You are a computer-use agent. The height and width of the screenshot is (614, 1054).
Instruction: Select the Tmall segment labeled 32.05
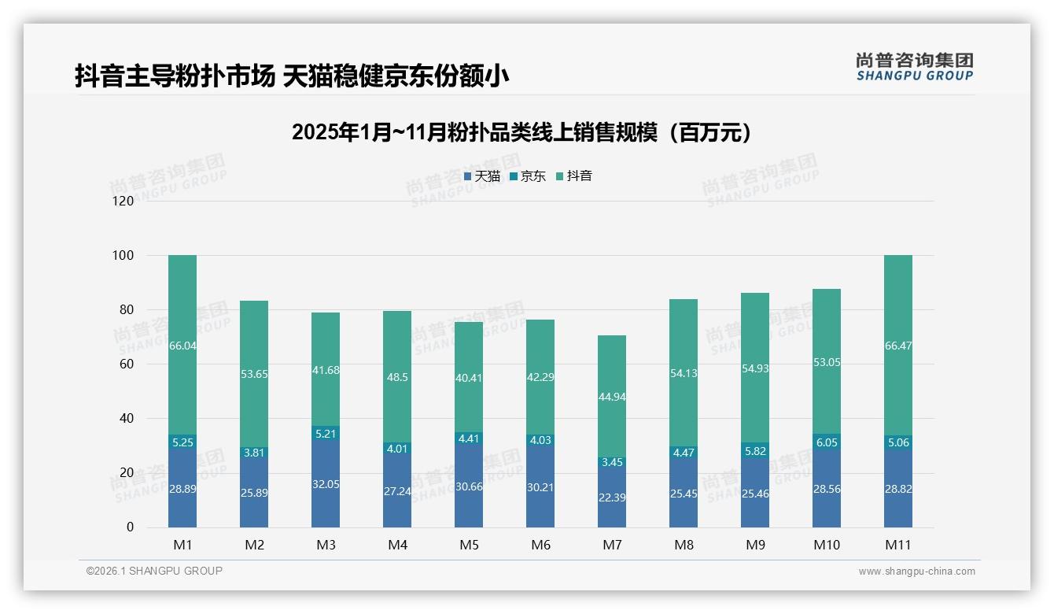pos(326,484)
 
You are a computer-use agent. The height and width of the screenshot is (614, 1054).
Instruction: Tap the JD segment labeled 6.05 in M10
pos(827,443)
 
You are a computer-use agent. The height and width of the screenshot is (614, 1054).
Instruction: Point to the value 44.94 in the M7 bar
pos(612,397)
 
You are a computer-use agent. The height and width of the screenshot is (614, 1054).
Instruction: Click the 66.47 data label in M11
pos(898,346)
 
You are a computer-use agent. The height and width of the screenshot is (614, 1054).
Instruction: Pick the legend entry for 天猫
pos(482,176)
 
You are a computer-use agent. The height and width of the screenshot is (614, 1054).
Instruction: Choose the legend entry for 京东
pos(528,176)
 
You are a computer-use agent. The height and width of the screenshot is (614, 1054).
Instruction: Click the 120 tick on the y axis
pos(124,201)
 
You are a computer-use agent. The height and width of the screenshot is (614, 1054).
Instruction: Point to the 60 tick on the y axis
pos(127,364)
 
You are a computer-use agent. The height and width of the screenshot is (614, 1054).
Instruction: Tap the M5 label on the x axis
pos(469,545)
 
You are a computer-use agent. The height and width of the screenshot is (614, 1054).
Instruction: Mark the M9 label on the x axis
pos(755,545)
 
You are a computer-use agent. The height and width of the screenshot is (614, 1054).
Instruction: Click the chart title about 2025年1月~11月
pos(521,132)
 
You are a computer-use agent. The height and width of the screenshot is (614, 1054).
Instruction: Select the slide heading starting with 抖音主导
pos(292,76)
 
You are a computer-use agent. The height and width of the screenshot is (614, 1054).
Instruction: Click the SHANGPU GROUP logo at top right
pos(914,66)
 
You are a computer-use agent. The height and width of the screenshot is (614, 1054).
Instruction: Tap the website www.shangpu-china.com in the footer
pos(916,571)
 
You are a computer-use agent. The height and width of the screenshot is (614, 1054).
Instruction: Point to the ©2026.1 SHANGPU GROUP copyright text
pos(154,571)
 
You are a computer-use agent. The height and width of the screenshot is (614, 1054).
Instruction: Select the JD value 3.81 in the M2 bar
pos(254,453)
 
